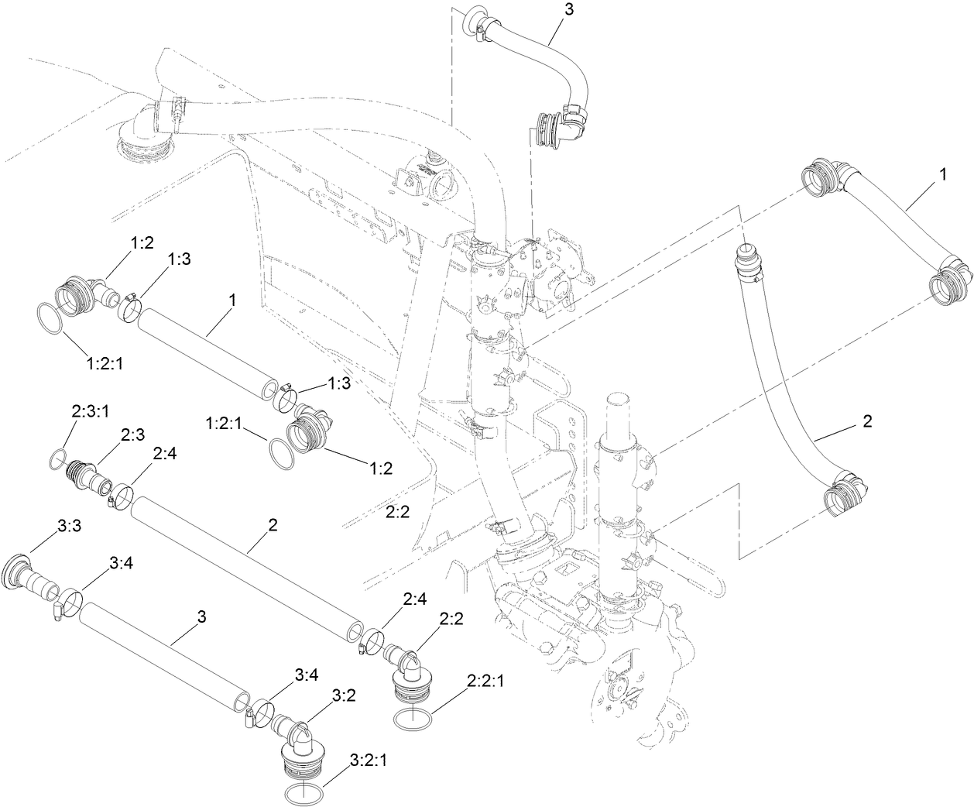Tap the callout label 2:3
pyautogui.click(x=132, y=436)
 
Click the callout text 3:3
pyautogui.click(x=68, y=526)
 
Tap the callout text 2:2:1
pyautogui.click(x=486, y=681)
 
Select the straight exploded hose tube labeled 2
pyautogui.click(x=248, y=565)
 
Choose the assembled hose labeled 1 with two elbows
pyautogui.click(x=890, y=219)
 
